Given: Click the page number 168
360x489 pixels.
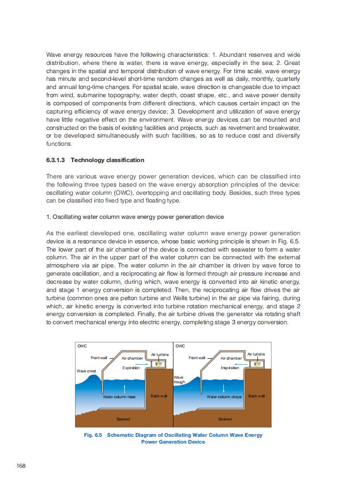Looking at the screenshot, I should point(21,466).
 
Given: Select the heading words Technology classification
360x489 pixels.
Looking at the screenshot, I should point(108,160).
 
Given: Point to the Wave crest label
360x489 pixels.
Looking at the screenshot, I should point(86,371).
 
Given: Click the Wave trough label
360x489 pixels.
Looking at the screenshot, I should point(179,379).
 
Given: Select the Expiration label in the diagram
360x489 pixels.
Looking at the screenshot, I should point(131,368).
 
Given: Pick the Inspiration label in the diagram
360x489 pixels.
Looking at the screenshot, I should point(230,368).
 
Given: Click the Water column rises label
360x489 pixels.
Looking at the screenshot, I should point(119,396).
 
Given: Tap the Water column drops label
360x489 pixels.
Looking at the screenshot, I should point(224,396).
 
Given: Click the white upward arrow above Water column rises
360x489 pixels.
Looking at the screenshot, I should point(124,388).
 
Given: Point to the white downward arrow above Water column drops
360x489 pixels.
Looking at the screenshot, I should point(224,388).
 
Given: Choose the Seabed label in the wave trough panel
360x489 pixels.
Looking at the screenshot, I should point(225,419).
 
